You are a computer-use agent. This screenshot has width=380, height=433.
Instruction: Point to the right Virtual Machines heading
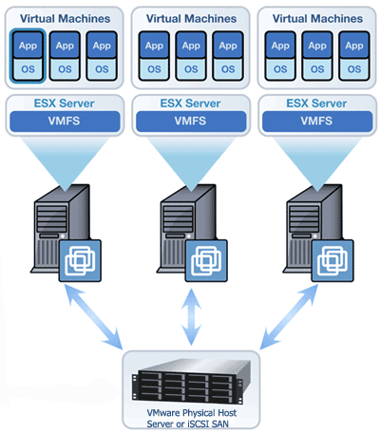pos(316,17)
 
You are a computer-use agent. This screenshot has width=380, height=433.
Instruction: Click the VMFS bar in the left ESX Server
pos(64,121)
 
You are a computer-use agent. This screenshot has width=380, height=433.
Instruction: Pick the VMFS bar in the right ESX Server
pos(316,121)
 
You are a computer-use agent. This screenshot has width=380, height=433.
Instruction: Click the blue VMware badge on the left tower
pos(81,259)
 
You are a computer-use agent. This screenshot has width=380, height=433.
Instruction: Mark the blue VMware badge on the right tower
pos(334,259)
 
